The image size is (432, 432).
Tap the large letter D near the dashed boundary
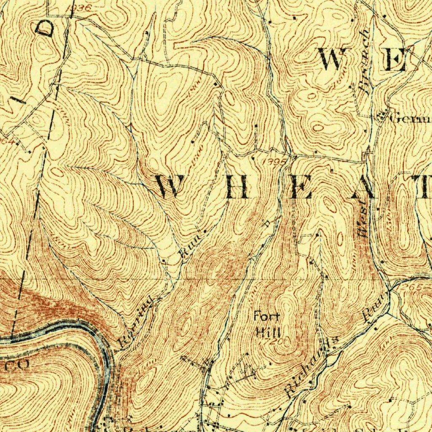coord(46,29)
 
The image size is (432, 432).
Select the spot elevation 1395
coord(275,162)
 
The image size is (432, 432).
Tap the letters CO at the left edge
coord(18,365)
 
